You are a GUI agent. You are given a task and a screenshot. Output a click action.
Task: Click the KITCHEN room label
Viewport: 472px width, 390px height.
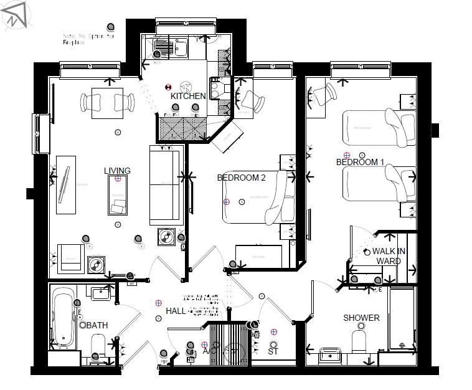coord(188,97)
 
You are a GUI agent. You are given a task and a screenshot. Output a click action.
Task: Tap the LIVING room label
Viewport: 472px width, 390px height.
coord(117,171)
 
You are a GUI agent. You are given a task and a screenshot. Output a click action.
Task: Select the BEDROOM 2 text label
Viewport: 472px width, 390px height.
coord(241,178)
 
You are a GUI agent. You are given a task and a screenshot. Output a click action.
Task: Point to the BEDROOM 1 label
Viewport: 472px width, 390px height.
coord(360,163)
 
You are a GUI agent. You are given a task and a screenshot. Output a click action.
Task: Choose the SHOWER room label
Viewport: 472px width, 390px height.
coord(361,318)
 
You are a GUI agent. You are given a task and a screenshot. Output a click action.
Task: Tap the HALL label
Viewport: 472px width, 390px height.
coord(176,311)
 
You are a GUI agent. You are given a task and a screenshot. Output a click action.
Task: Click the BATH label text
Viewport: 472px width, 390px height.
coord(97,325)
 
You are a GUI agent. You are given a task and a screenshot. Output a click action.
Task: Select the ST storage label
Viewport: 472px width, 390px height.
coord(273,352)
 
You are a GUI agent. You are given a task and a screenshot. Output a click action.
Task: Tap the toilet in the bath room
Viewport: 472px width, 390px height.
coord(98,345)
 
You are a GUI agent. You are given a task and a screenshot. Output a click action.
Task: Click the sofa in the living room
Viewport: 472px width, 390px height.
coord(165,185)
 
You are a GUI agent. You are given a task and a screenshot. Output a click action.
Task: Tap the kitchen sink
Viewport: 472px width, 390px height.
coord(164,47)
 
